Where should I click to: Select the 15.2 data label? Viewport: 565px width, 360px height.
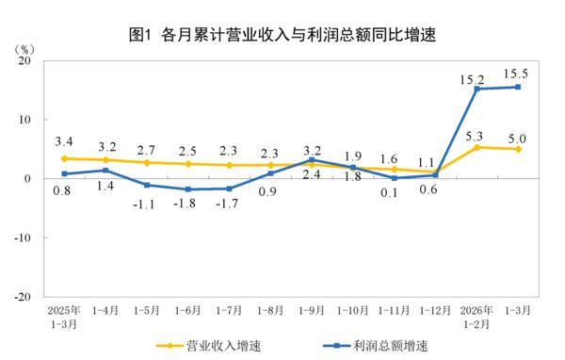(x=477, y=73)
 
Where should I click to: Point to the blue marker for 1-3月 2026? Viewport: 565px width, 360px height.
(x=517, y=87)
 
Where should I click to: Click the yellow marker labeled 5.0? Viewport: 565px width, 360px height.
(x=517, y=149)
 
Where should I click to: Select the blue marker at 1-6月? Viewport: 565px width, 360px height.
(x=187, y=189)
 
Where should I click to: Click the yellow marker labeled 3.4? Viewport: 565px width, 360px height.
(x=64, y=158)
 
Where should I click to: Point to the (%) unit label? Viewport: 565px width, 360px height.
(x=26, y=46)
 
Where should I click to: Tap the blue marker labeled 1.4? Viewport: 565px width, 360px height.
(x=105, y=171)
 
